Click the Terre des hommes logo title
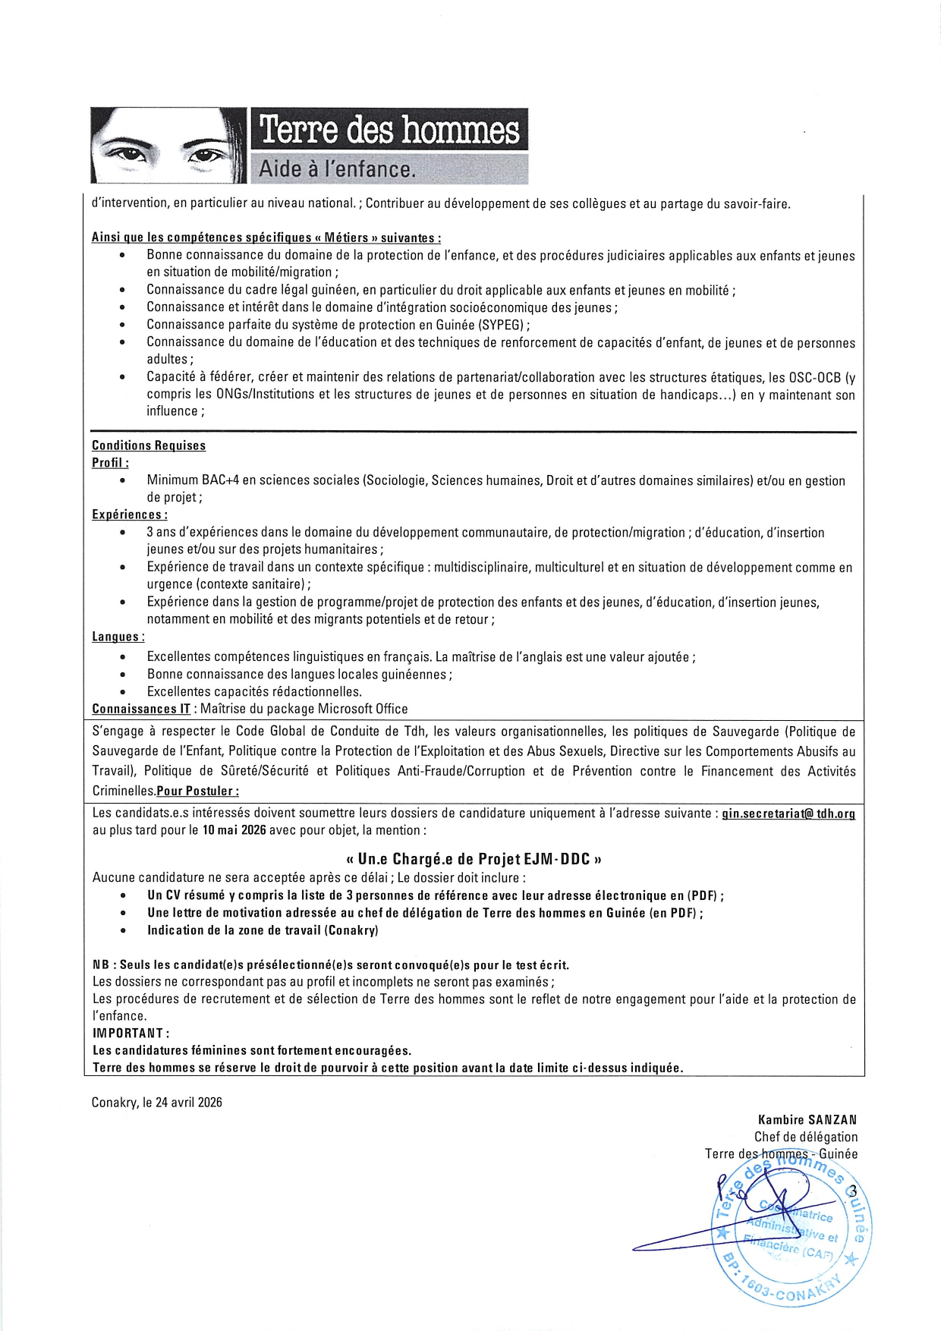[x=389, y=130]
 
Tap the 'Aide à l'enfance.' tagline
[x=337, y=168]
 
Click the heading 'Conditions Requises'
[x=149, y=445]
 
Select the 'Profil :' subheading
[x=110, y=463]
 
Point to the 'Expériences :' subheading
[x=130, y=514]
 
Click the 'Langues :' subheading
[x=118, y=637]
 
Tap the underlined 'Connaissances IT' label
[x=141, y=709]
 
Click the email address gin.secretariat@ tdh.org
[x=788, y=813]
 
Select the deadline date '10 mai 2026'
[x=234, y=830]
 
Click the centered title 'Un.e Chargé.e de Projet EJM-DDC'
[x=474, y=859]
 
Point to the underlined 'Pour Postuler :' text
[x=198, y=791]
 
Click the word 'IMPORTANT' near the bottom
[x=128, y=1033]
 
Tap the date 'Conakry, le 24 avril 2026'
[x=157, y=1103]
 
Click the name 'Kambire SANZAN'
[x=807, y=1119]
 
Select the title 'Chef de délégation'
[x=806, y=1137]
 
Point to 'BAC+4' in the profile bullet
[x=220, y=480]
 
